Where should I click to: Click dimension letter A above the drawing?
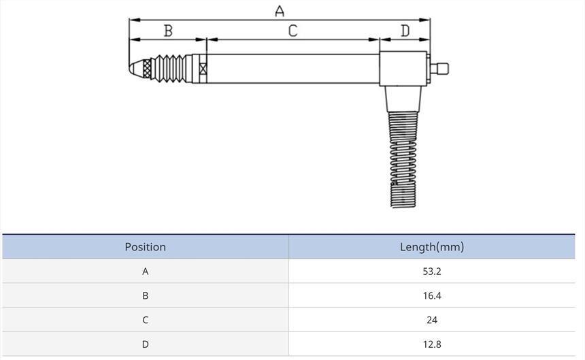(x=280, y=11)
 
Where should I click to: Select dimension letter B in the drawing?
(x=168, y=31)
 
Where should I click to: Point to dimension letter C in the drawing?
(x=292, y=31)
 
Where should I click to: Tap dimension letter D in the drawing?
(x=405, y=31)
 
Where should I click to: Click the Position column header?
(x=145, y=247)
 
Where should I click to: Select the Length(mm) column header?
(x=431, y=247)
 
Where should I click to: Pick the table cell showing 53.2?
(x=431, y=272)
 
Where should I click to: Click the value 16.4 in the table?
(x=431, y=296)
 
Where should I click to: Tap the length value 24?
(x=431, y=320)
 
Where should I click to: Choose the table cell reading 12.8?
(x=431, y=344)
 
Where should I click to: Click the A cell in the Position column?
(x=145, y=272)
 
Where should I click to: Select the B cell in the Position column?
(x=145, y=296)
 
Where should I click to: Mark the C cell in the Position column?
(x=145, y=320)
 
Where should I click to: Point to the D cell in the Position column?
(x=145, y=344)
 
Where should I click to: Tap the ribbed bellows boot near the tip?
(x=171, y=68)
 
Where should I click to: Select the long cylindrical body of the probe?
(x=292, y=68)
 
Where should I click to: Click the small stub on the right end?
(x=441, y=68)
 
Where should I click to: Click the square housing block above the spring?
(x=404, y=69)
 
